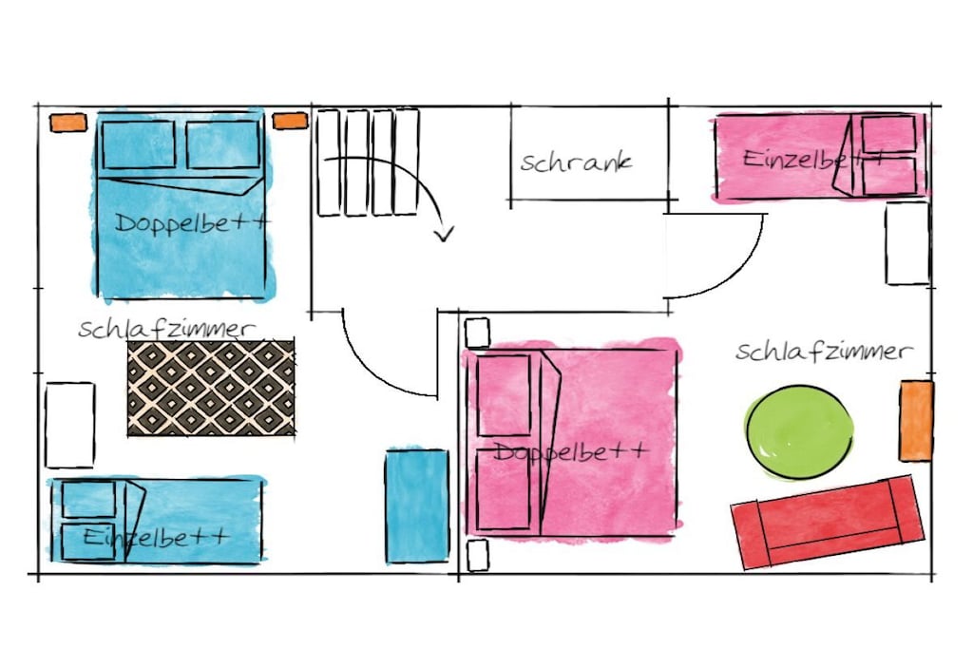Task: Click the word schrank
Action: click(576, 162)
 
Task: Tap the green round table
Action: click(798, 432)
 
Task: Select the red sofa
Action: click(828, 522)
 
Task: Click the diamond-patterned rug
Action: click(211, 388)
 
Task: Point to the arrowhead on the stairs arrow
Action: click(444, 234)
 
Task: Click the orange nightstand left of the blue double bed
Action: click(68, 123)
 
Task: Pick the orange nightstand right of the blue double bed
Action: click(291, 121)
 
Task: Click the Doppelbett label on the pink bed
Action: click(571, 452)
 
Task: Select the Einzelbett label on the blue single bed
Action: click(156, 537)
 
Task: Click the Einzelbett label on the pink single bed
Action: click(813, 160)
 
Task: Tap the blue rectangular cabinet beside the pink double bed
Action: click(417, 506)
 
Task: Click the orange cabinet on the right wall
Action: click(917, 421)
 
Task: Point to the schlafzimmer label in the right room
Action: click(824, 352)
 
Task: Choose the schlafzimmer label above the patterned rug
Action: click(167, 329)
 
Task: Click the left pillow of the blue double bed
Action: click(139, 144)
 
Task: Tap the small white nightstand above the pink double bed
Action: click(477, 334)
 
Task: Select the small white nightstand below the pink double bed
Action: click(478, 555)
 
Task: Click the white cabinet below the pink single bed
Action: click(907, 243)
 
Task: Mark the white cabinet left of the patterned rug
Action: click(69, 425)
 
